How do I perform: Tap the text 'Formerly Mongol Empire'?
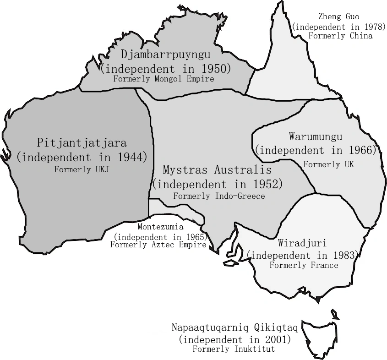(164, 79)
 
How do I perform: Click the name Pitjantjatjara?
(82, 143)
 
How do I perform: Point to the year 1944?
(131, 157)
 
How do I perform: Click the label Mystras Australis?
(217, 170)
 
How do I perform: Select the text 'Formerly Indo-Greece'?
(219, 196)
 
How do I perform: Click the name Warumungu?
(316, 136)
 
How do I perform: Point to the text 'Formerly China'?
(340, 36)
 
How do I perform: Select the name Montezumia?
(161, 227)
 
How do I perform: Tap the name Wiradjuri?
(301, 242)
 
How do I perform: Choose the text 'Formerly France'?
(304, 265)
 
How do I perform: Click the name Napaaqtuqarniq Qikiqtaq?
(235, 328)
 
